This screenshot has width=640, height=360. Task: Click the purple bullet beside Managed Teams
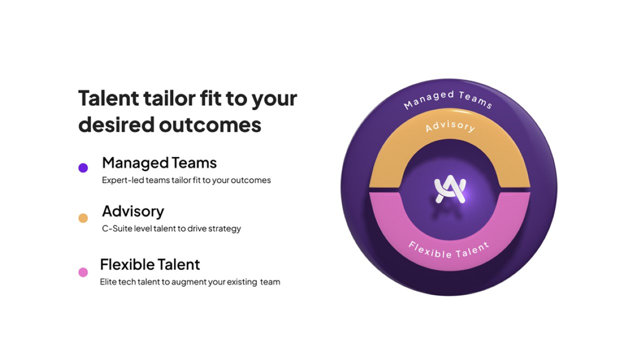click(x=83, y=167)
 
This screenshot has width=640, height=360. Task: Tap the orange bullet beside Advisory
click(x=83, y=218)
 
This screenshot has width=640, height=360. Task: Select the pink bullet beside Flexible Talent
click(x=83, y=272)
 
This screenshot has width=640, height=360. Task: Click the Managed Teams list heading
click(x=159, y=163)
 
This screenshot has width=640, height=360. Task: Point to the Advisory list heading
click(x=133, y=211)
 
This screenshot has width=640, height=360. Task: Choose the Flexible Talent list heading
click(x=150, y=264)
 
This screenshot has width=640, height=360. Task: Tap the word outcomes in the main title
click(x=210, y=125)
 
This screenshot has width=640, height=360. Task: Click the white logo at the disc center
click(x=450, y=189)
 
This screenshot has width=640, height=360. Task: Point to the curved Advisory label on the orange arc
click(x=450, y=126)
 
